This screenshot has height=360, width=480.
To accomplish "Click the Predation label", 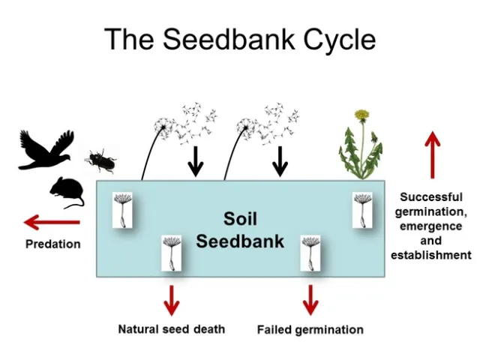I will (x=52, y=244).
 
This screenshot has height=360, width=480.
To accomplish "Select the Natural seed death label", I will (x=171, y=328).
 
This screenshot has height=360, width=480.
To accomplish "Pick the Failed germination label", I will (x=310, y=329).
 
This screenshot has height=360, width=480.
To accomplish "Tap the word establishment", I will (x=431, y=255).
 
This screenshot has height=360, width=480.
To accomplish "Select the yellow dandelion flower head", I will (x=362, y=115).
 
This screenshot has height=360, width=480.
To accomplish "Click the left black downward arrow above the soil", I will (x=195, y=160).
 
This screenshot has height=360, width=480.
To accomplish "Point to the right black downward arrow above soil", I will (x=280, y=160).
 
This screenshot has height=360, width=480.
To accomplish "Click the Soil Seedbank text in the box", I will (x=240, y=229).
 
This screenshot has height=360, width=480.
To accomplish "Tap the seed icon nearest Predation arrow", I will (x=122, y=209).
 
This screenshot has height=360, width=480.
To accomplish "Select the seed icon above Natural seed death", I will (x=172, y=253).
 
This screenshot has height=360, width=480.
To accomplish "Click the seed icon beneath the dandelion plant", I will (x=363, y=209).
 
